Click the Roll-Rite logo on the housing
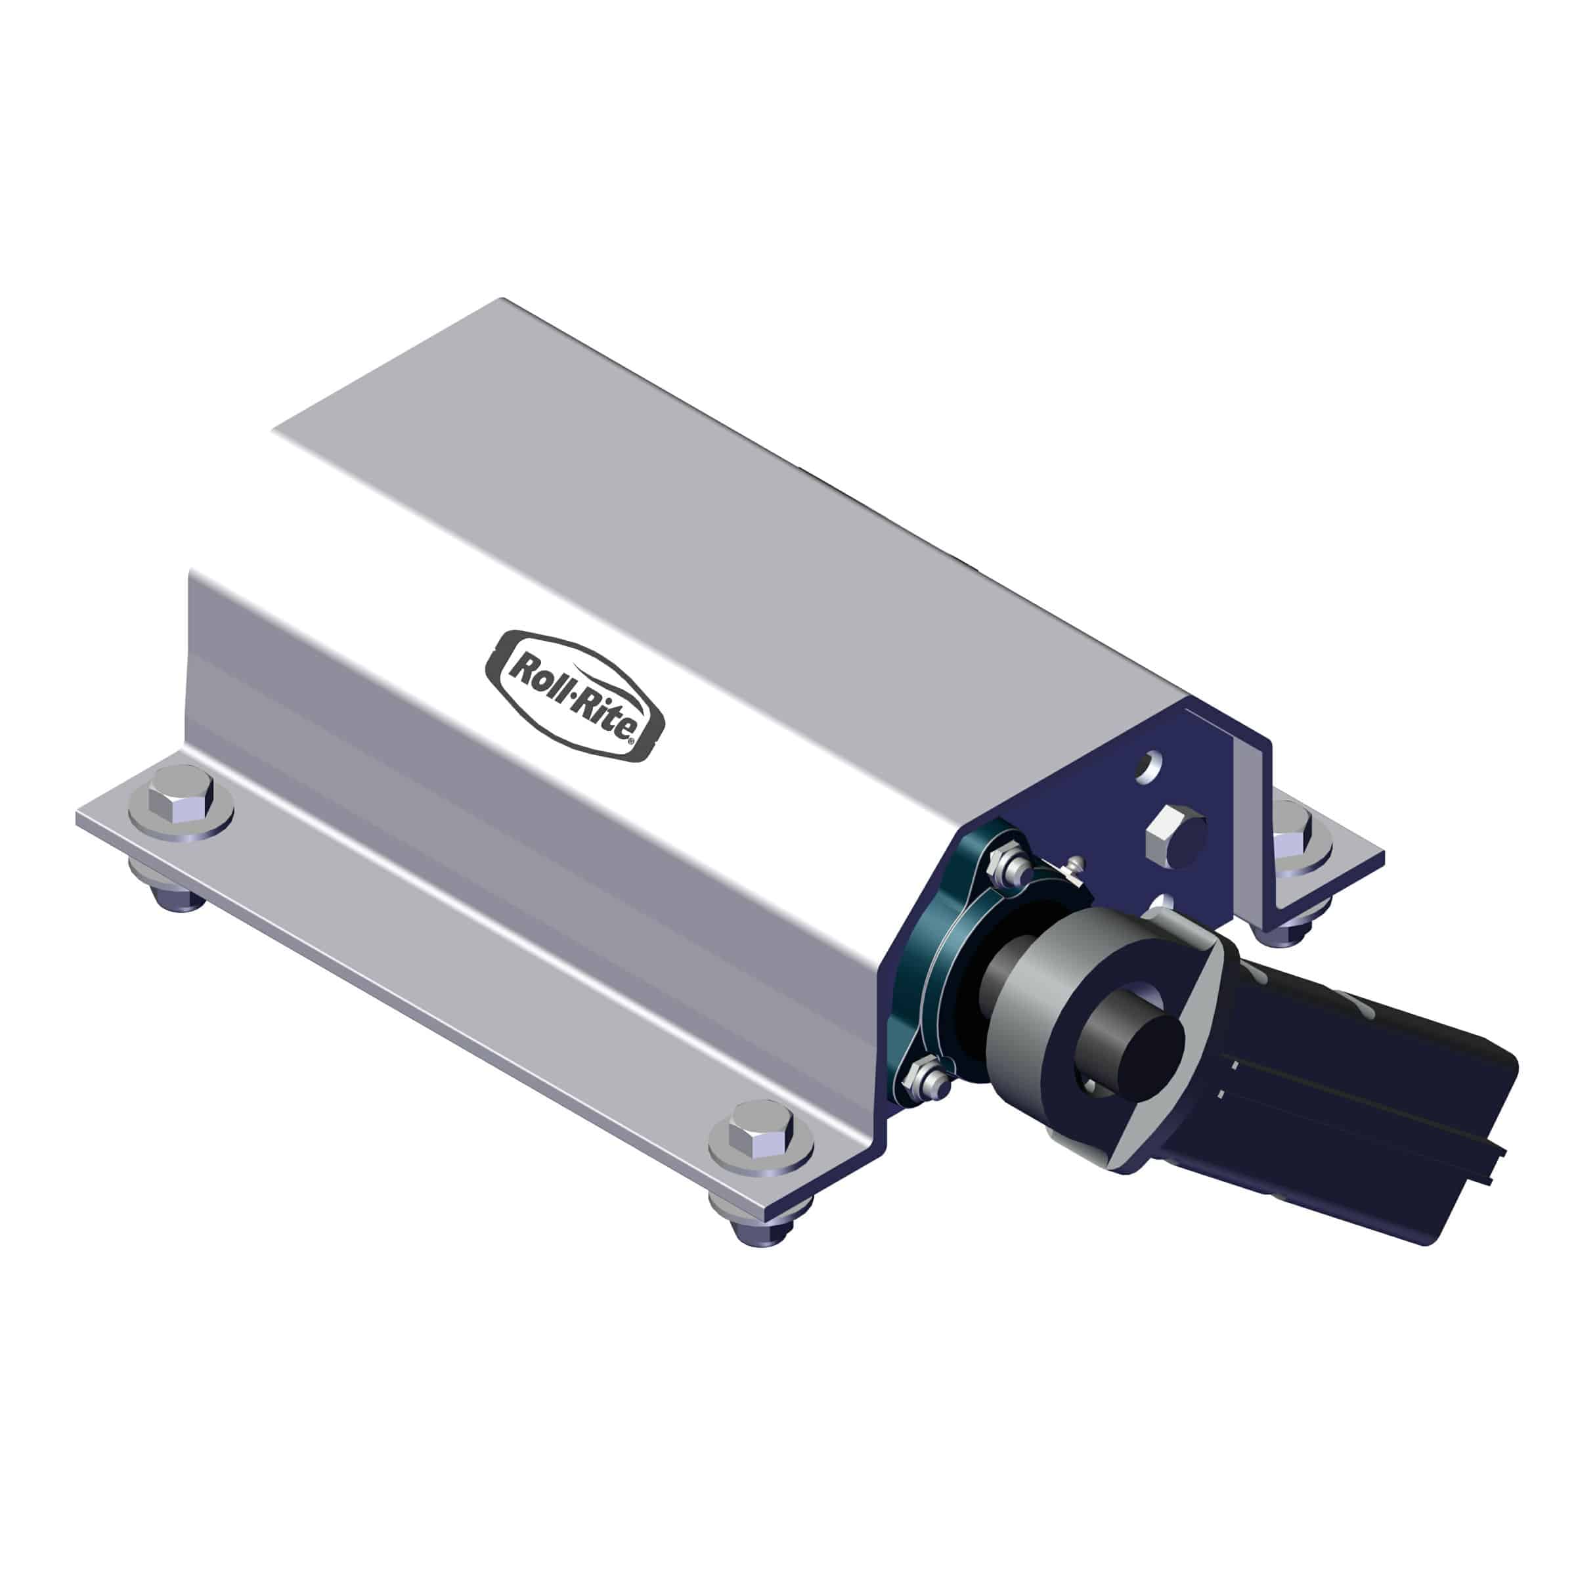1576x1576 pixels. click(575, 696)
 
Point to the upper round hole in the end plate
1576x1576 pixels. click(1150, 764)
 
